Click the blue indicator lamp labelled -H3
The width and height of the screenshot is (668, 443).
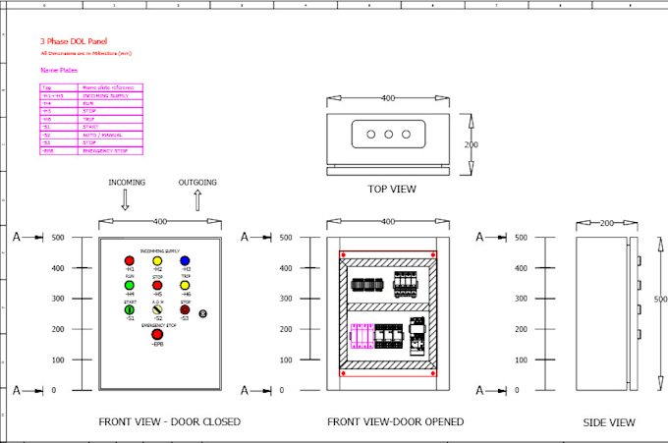[185, 260]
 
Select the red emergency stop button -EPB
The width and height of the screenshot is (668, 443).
[157, 335]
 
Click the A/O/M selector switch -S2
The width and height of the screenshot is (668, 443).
[157, 310]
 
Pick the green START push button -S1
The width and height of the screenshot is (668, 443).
[130, 310]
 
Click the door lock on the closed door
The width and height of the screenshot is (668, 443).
[203, 313]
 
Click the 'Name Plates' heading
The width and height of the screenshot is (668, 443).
[58, 71]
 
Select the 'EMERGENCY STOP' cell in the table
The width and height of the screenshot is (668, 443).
[108, 151]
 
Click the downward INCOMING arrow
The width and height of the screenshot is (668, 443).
[126, 200]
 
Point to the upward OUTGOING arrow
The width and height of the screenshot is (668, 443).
[197, 200]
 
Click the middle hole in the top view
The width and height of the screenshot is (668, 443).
[388, 134]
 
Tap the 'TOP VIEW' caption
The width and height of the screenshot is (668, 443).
[391, 189]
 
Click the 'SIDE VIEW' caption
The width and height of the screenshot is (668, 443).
[608, 422]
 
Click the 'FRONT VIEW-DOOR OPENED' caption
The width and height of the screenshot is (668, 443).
[395, 422]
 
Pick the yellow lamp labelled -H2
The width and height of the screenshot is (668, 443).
[157, 260]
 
